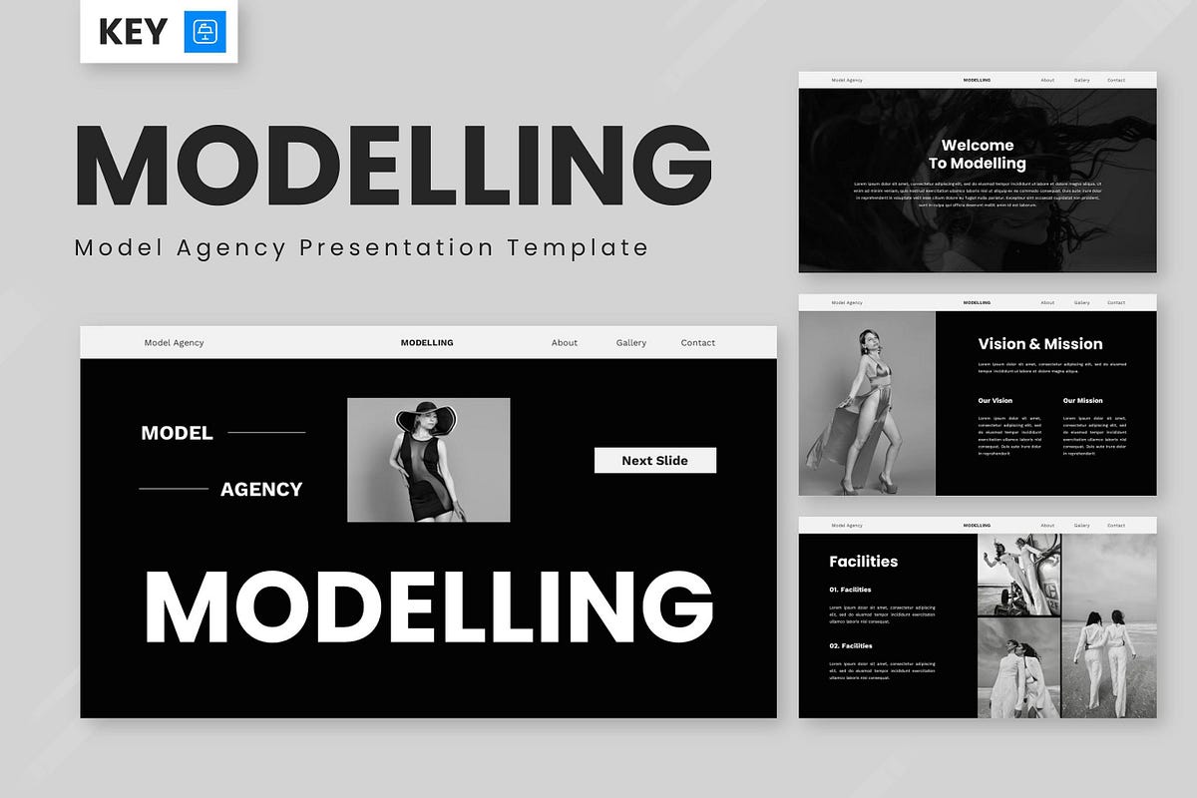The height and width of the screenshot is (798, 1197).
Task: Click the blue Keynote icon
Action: point(205,33)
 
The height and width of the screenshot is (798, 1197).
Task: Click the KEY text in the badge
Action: point(133,33)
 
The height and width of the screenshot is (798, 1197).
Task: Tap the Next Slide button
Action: point(654,460)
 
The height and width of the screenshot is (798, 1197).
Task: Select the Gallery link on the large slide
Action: point(631,342)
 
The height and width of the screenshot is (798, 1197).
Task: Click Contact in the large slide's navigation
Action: point(698,342)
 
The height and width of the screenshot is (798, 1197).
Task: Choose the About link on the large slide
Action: point(565,342)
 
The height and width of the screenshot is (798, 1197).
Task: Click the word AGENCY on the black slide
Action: point(261,489)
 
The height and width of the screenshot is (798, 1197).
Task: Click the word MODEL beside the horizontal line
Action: point(177,433)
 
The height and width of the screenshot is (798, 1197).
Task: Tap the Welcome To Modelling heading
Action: point(978,155)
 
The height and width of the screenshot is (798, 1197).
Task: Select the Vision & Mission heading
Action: point(1040,344)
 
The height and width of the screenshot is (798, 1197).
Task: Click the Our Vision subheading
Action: point(995,401)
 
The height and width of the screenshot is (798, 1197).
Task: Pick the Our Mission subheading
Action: point(1082,401)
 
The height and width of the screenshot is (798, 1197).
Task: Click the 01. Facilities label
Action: point(850,590)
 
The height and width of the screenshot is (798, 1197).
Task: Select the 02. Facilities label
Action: point(850,645)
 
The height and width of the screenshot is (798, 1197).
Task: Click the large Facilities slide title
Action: point(863,562)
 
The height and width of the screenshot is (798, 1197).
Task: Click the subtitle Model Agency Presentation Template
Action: point(361,247)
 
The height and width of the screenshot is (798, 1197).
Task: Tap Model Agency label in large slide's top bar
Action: point(174,342)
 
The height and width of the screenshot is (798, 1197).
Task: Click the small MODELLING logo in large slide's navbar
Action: point(427,342)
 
